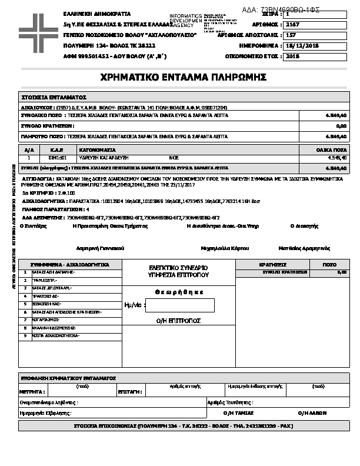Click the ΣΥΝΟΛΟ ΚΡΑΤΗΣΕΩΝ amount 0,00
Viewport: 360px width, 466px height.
[341, 126]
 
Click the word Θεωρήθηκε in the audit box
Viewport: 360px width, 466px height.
[179, 292]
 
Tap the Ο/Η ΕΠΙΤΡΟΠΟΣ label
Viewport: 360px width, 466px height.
[179, 321]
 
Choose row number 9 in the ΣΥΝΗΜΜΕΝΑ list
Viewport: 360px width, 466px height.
[25, 335]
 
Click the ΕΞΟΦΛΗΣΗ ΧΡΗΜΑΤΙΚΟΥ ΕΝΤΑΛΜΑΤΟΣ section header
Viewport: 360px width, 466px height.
[68, 378]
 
